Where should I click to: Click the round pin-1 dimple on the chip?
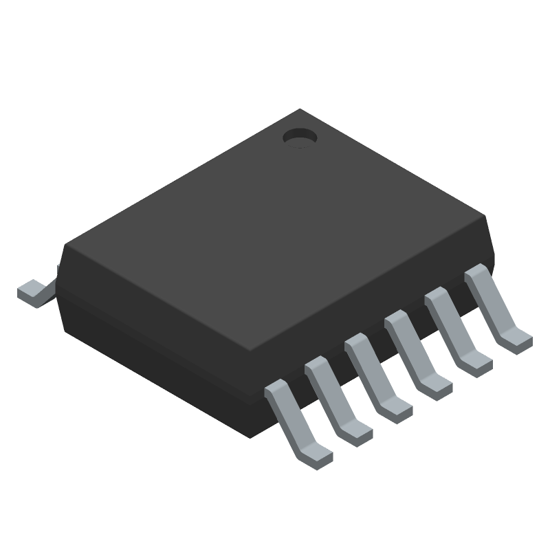pyautogui.click(x=299, y=137)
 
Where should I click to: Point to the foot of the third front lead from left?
pyautogui.click(x=396, y=410)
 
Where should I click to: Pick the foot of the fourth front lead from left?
pyautogui.click(x=436, y=387)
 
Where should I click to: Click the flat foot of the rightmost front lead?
pyautogui.click(x=516, y=339)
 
